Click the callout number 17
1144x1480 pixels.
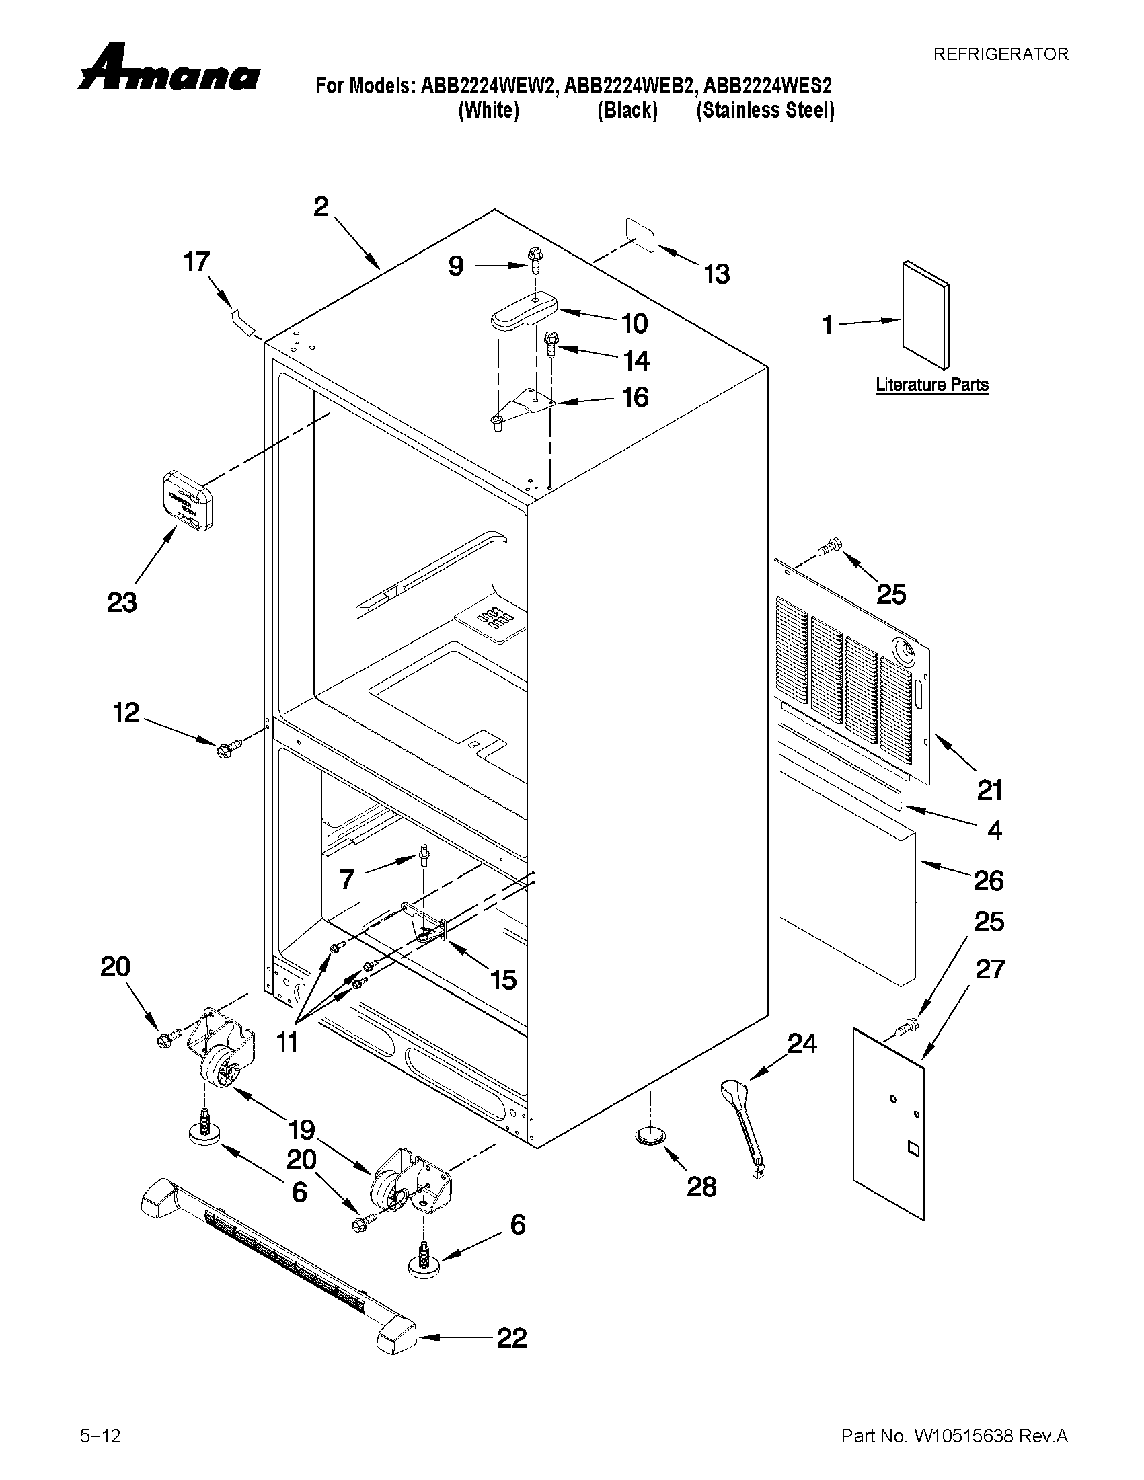coord(197,262)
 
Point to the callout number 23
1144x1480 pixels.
coord(122,602)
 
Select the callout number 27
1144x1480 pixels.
coord(989,970)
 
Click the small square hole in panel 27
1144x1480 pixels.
coord(912,1147)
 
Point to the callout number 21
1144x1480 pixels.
coord(989,790)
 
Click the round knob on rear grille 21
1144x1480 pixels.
coord(903,651)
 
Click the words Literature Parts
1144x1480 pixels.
coord(932,385)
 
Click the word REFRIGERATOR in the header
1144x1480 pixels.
coord(1000,54)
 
